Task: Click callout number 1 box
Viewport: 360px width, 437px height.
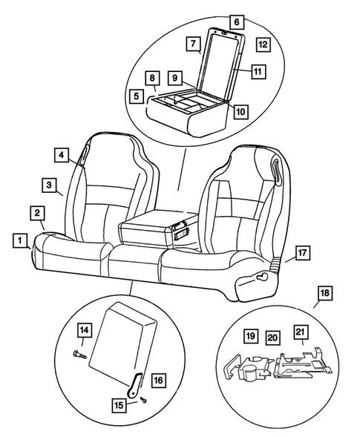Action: [20, 240]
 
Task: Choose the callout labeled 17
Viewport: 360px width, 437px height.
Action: [302, 253]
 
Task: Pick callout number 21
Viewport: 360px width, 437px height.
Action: [300, 332]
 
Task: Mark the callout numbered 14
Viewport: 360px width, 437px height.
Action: [85, 329]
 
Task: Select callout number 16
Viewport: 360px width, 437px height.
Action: [157, 380]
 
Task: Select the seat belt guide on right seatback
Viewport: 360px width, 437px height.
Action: [277, 171]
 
